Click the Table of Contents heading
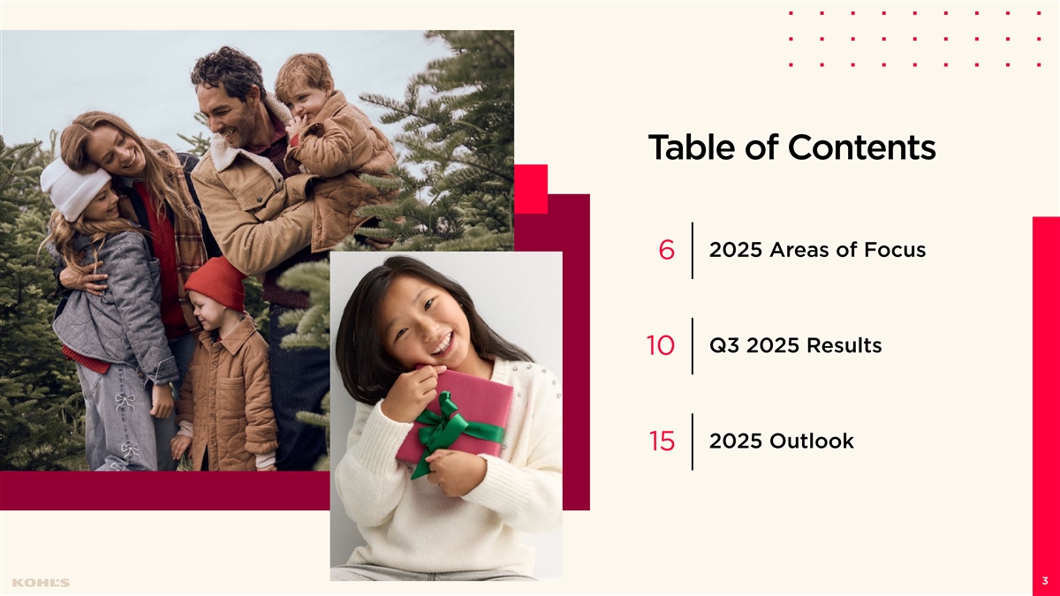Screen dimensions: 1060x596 pyautogui.click(x=791, y=147)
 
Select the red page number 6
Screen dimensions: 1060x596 pyautogui.click(x=666, y=250)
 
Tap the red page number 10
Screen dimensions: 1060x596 pyautogui.click(x=660, y=345)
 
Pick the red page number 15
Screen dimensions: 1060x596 pyautogui.click(x=662, y=441)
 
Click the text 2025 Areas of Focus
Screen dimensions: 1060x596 pyautogui.click(x=817, y=250)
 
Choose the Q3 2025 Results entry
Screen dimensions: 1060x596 pyautogui.click(x=796, y=345)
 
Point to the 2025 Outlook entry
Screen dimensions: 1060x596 pyautogui.click(x=781, y=441)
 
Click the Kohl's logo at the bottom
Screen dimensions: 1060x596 pyautogui.click(x=41, y=582)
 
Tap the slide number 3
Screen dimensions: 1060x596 pyautogui.click(x=1045, y=581)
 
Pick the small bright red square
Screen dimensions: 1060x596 pyautogui.click(x=531, y=189)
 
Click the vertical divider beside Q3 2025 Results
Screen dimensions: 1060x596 pyautogui.click(x=693, y=346)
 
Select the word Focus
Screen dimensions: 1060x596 pyautogui.click(x=895, y=250)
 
